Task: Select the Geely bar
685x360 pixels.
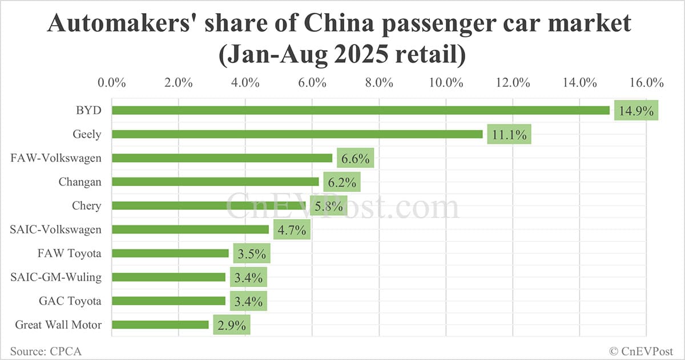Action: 297,134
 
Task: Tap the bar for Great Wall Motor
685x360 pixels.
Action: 160,325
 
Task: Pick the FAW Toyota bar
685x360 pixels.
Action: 170,253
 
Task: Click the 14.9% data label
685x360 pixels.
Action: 636,111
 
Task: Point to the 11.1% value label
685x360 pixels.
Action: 509,135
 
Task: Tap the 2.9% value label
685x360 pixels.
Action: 231,325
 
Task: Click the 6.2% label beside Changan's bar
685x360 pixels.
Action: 341,183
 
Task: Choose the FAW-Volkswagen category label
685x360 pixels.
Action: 56,158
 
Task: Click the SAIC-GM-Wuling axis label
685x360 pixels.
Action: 56,277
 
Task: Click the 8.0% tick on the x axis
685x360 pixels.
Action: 379,82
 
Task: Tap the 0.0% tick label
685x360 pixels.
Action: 112,82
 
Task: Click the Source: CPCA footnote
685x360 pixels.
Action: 46,351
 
